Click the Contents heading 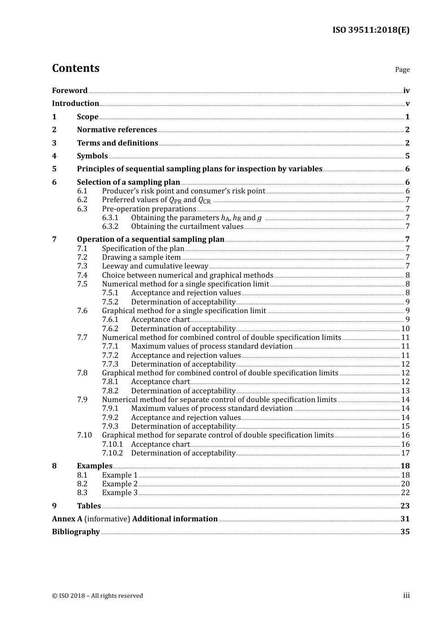coord(75,68)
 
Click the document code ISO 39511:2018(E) coord(371,30)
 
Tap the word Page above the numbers coord(402,70)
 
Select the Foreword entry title coord(69,90)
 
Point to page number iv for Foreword coord(406,91)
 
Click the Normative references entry coord(117,130)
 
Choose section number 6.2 coord(82,200)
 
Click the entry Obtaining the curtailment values coord(187,227)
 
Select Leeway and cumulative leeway coord(155,266)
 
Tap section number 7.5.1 coord(110,293)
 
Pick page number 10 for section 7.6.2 coord(405,329)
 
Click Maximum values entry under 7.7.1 coord(212,346)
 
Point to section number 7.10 coord(84,435)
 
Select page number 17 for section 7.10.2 coord(405,453)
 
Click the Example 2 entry coord(120,484)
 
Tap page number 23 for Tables coord(405,506)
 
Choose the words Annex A coord(67,519)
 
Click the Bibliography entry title coord(76,532)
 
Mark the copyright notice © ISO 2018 coord(97,596)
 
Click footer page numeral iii coord(406,596)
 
